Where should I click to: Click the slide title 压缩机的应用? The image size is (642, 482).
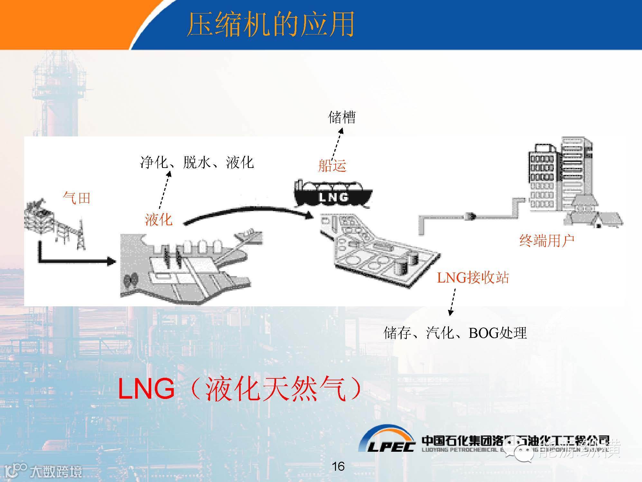270,24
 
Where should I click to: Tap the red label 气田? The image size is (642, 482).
76,198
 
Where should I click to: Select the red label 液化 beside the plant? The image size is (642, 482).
158,220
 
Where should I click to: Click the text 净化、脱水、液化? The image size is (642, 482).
197,162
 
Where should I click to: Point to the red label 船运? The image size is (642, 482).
332,166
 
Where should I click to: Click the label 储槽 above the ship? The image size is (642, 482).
341,117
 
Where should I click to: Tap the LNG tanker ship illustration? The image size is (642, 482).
333,194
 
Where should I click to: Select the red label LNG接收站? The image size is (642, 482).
472,277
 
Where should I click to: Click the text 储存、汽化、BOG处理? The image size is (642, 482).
455,333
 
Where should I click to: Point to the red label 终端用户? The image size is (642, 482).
547,240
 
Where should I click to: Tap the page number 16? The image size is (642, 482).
338,466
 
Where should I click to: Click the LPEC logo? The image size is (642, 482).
386,442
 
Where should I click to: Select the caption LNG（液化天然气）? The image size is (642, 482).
240,389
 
